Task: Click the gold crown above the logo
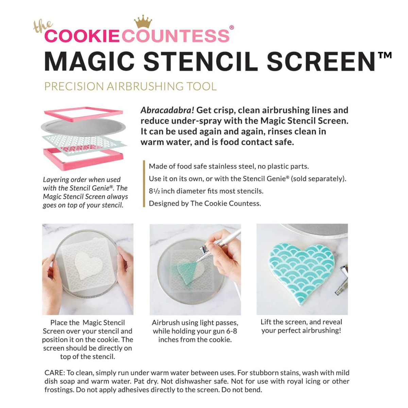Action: (143, 21)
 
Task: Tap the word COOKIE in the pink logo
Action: (82, 36)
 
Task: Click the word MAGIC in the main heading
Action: (89, 62)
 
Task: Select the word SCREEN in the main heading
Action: (321, 62)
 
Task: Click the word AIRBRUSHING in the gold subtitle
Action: (145, 86)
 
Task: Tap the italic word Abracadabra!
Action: (167, 111)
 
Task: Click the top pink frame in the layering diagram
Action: (84, 114)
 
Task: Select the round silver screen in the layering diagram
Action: (83, 127)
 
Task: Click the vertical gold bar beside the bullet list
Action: (144, 184)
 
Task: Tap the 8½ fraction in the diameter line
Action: (154, 191)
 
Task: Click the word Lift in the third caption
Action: (266, 322)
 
